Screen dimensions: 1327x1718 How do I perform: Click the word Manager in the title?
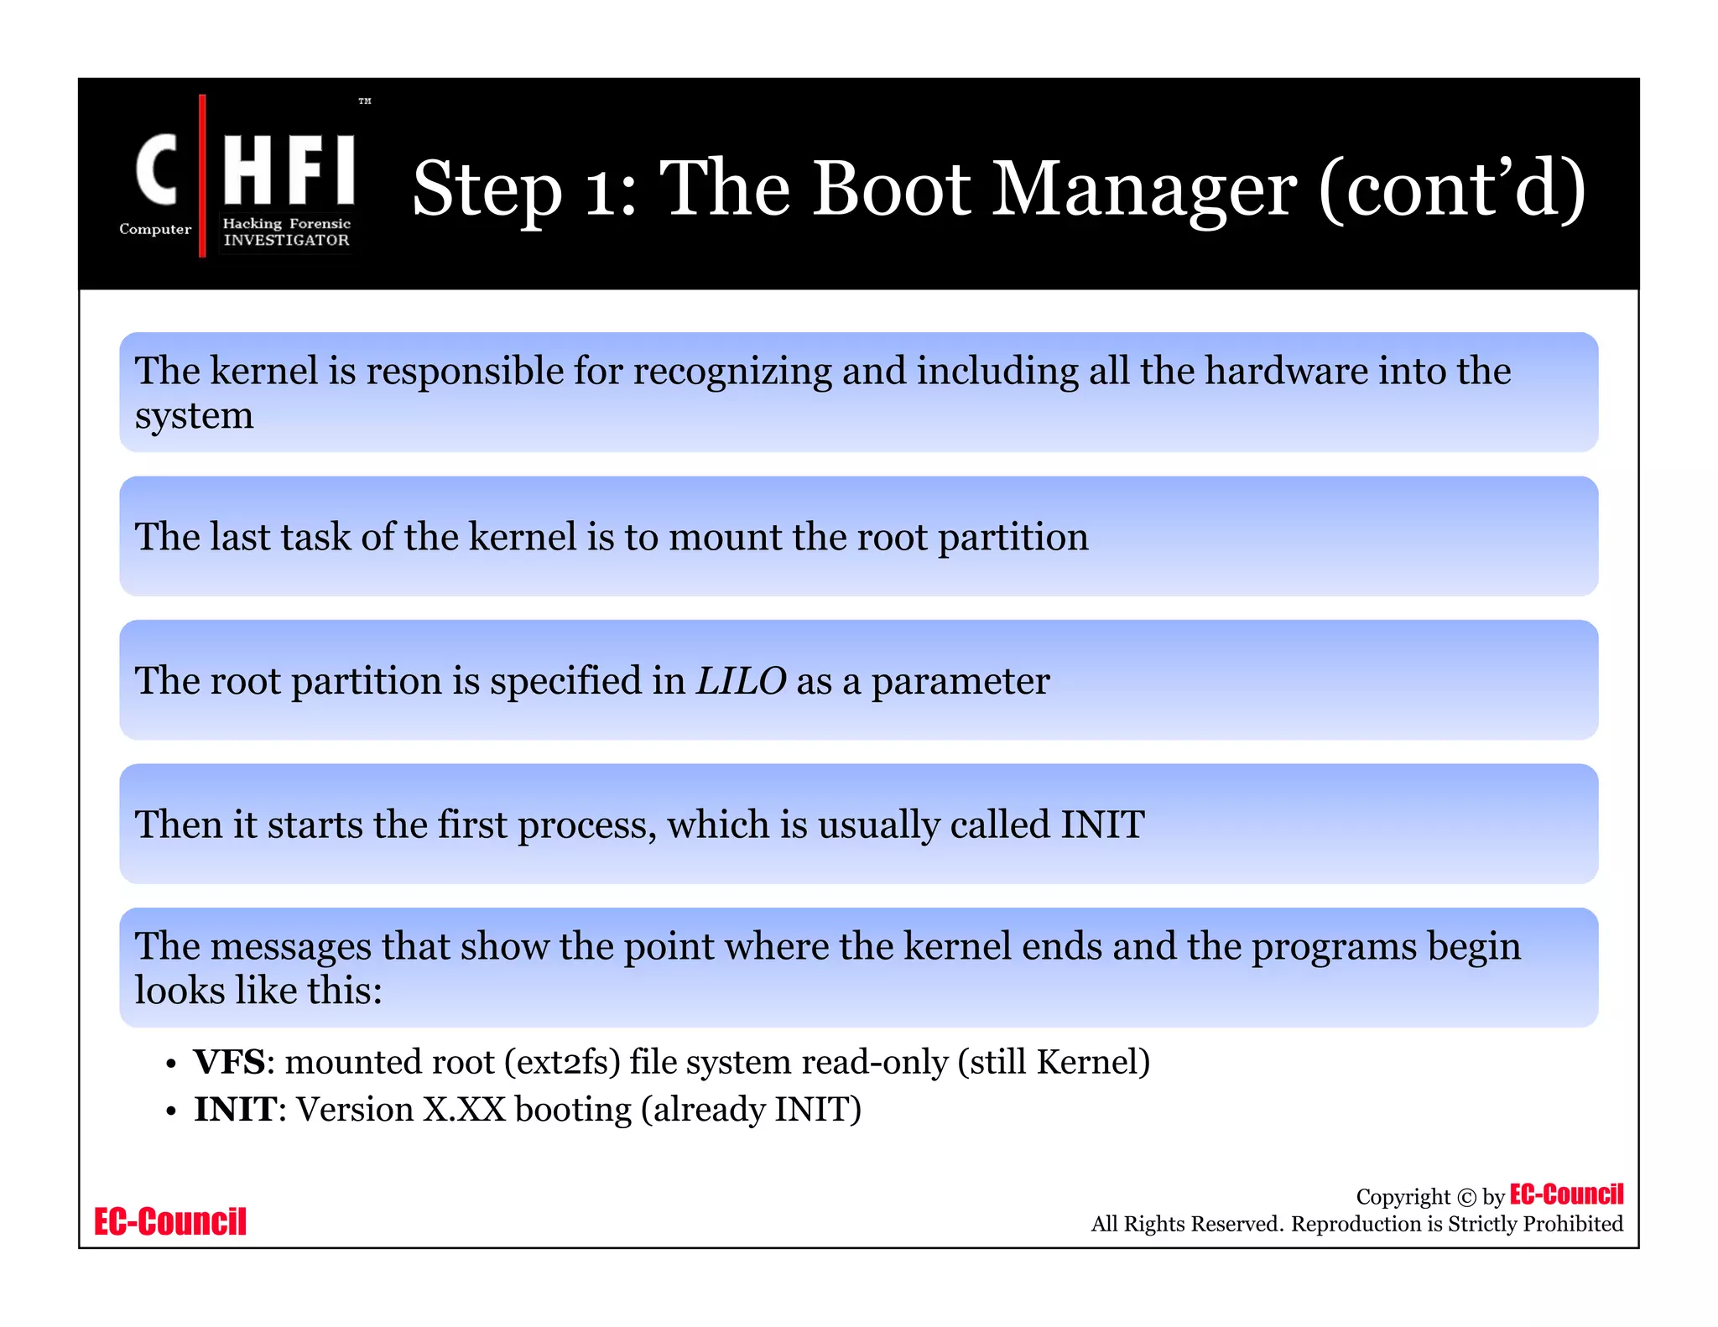point(1145,190)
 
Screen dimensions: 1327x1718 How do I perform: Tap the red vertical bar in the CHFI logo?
point(202,176)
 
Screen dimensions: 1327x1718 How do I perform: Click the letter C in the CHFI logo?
point(157,169)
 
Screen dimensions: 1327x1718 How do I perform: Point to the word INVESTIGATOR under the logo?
point(286,240)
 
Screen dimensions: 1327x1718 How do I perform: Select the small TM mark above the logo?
point(365,101)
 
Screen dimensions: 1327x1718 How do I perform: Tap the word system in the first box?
point(194,416)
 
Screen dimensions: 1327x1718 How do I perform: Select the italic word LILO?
point(741,680)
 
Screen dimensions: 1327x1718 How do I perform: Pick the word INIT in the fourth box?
point(1102,825)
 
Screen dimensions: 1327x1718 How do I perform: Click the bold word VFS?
point(229,1062)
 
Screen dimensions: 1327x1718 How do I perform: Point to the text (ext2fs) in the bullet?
point(562,1063)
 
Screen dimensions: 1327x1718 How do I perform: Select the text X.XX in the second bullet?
point(464,1110)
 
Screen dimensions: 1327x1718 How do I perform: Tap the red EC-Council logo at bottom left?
point(170,1221)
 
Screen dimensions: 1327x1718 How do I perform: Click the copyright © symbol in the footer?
point(1466,1198)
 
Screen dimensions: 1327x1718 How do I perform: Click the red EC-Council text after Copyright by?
point(1566,1194)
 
